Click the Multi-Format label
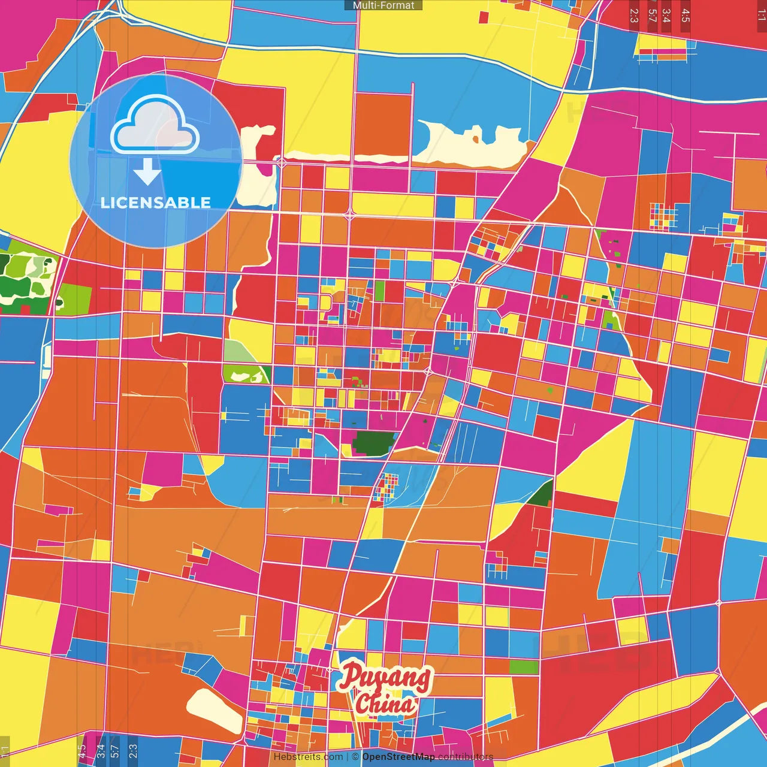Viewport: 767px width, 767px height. coord(383,5)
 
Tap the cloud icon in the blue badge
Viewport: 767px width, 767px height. coord(155,125)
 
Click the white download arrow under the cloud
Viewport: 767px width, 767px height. coord(147,172)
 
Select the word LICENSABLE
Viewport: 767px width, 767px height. coord(156,203)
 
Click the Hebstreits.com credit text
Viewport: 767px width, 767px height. coord(308,757)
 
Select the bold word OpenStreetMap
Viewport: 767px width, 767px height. coord(398,757)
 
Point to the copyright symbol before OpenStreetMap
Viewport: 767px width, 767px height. coord(355,757)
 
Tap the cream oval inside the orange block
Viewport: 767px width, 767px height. coord(215,709)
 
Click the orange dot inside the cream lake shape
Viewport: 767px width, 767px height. coord(476,140)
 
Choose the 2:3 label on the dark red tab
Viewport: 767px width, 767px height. coord(634,16)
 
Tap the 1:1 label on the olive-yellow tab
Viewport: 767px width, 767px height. coord(5,750)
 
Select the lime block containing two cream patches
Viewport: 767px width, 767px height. coord(246,375)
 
